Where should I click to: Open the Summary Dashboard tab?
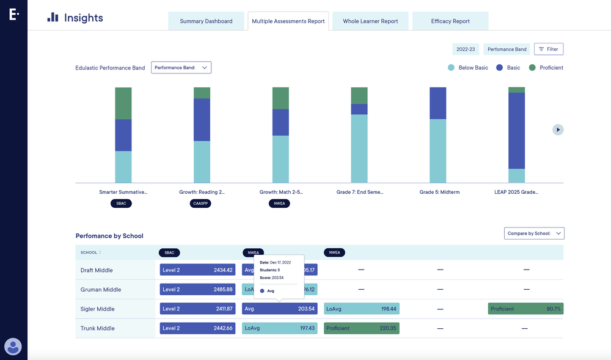(x=206, y=21)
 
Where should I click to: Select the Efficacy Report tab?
(x=450, y=21)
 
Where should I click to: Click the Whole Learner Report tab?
(x=370, y=21)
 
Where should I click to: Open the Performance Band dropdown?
(x=181, y=68)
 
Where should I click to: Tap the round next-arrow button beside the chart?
(x=558, y=130)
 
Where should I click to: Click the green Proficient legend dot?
(x=532, y=68)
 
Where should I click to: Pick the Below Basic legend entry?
(x=468, y=68)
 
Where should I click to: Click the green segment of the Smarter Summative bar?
(x=123, y=103)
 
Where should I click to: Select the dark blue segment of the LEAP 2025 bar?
(x=517, y=130)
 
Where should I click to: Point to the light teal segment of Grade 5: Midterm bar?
(x=438, y=151)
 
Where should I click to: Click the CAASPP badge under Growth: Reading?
(x=200, y=204)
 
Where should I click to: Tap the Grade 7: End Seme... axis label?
(x=360, y=192)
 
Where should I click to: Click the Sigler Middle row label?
(x=98, y=309)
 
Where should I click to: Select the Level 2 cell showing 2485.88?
(x=197, y=290)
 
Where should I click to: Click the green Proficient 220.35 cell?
(x=361, y=328)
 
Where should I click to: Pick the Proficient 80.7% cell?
(x=525, y=309)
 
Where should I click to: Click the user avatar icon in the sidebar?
(x=13, y=347)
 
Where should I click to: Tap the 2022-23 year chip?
(x=466, y=50)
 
